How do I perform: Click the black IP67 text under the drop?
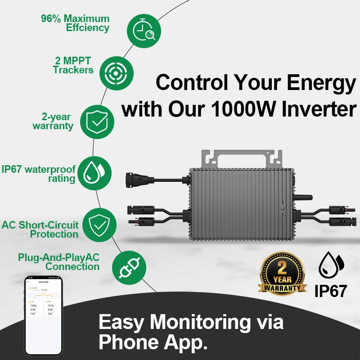[331, 290]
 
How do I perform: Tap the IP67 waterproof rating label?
[38, 174]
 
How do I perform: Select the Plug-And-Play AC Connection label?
[58, 262]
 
